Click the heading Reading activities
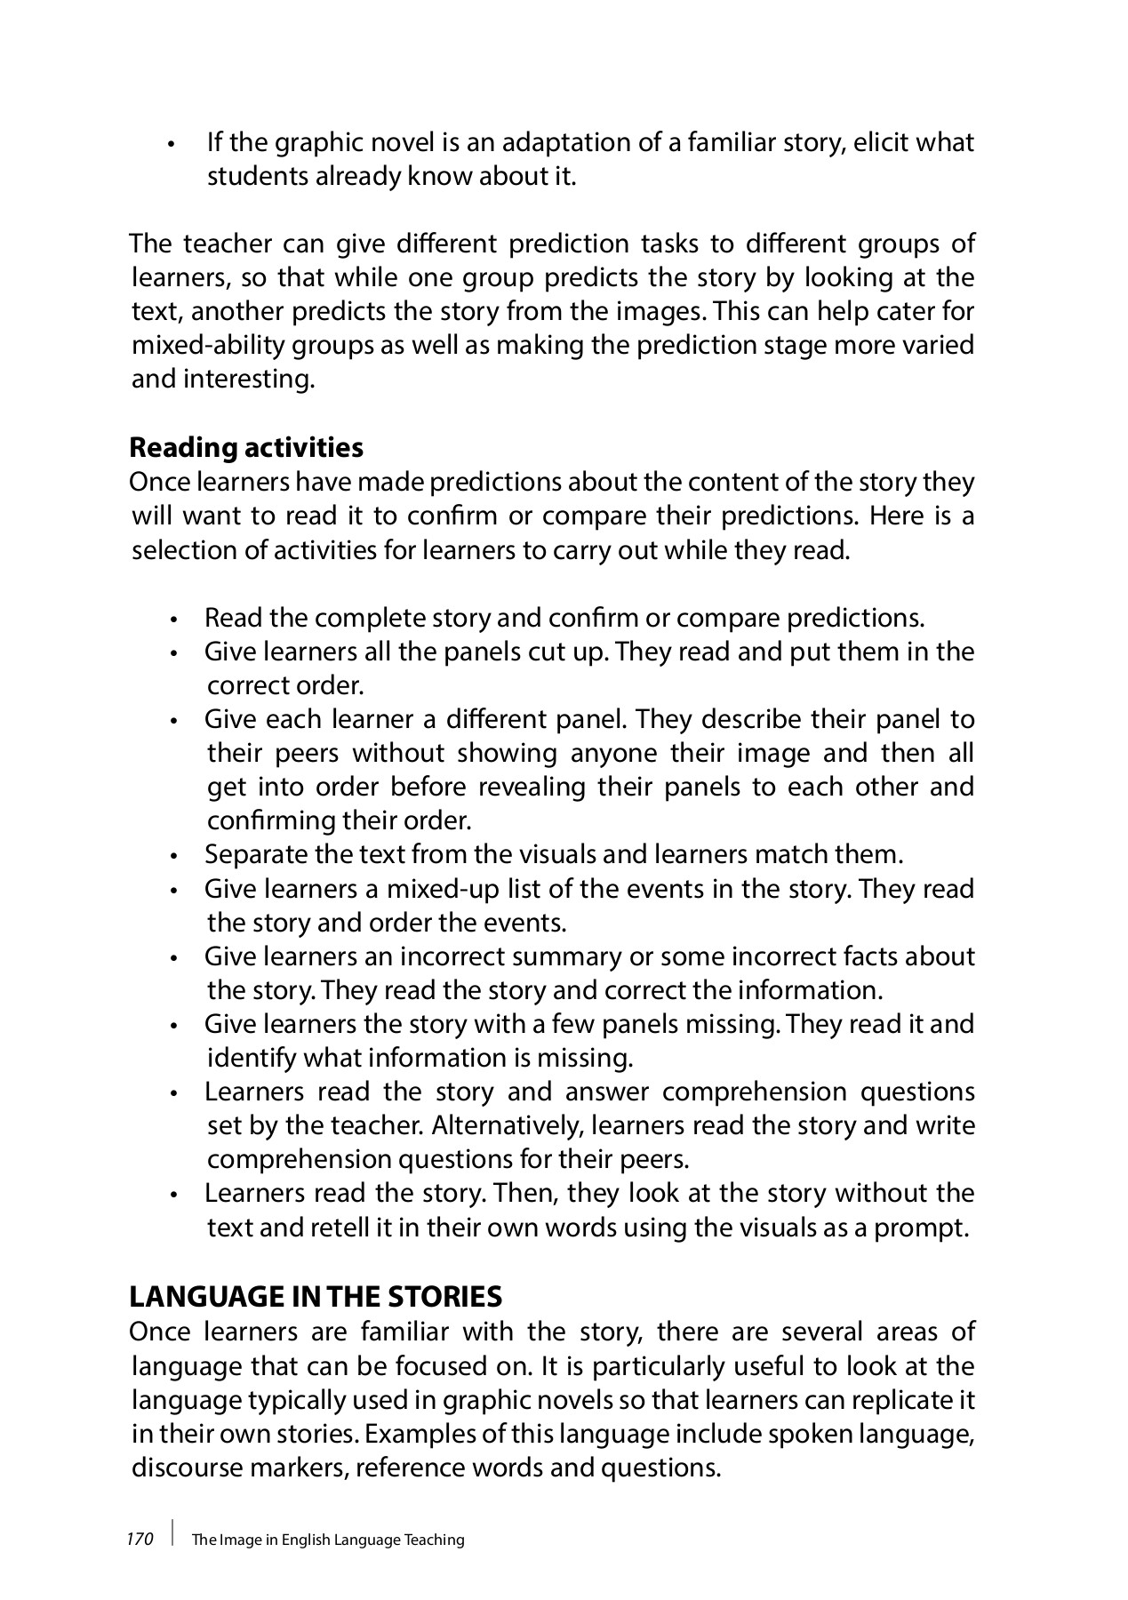tap(246, 447)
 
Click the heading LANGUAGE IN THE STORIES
tap(316, 1297)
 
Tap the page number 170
tap(140, 1539)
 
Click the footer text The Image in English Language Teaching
tap(328, 1540)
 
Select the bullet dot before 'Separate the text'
tap(177, 857)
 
